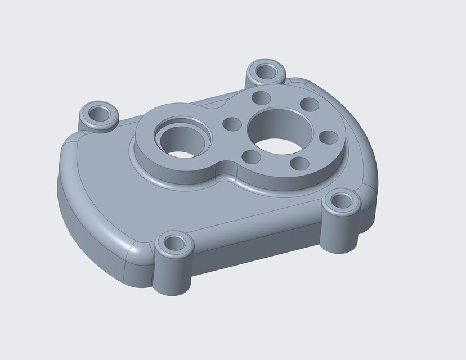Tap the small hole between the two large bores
pyautogui.click(x=231, y=123)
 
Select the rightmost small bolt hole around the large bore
pyautogui.click(x=328, y=137)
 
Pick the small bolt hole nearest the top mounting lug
pyautogui.click(x=260, y=97)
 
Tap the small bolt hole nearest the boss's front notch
pyautogui.click(x=248, y=156)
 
